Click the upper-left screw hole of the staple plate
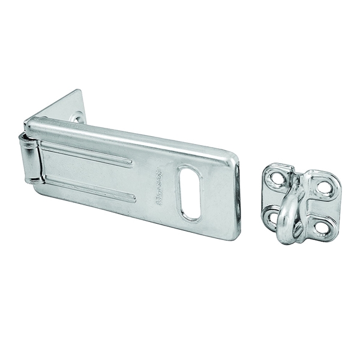click(x=276, y=178)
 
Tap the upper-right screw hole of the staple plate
click(x=324, y=187)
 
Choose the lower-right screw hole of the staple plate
click(x=322, y=227)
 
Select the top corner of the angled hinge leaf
click(x=80, y=92)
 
